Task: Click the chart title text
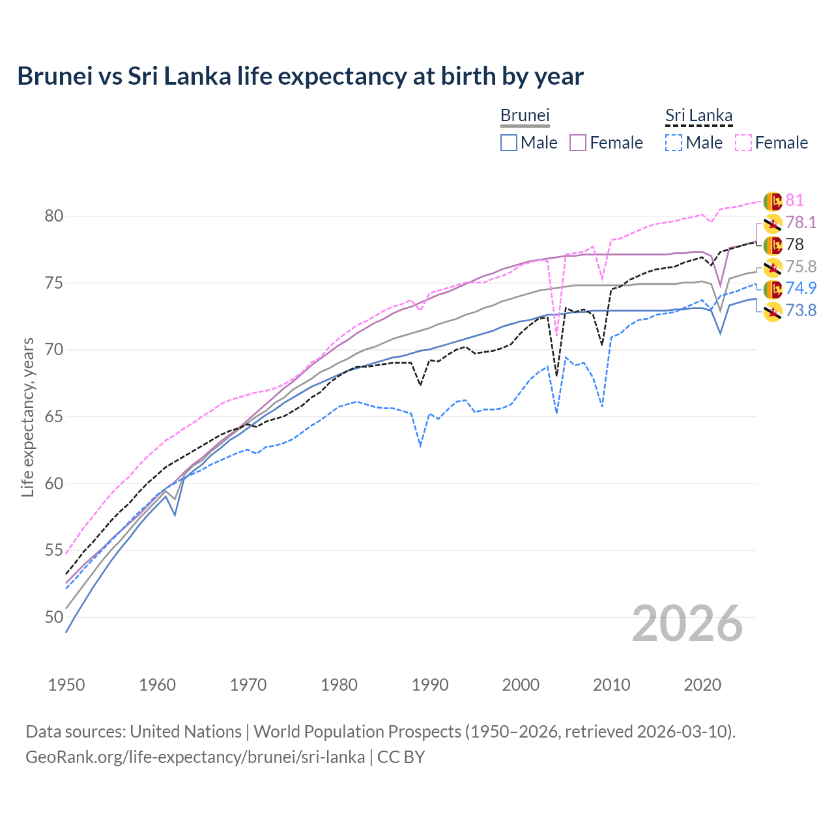pos(300,76)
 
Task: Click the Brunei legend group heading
pos(525,115)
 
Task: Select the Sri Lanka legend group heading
pos(698,115)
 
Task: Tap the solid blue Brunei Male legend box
pos(509,143)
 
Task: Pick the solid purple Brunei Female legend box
pos(578,143)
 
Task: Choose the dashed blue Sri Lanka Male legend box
pos(674,143)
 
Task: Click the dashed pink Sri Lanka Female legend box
pos(743,143)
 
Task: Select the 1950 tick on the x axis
pos(66,685)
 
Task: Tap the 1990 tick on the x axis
pos(430,685)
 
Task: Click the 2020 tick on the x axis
pos(702,685)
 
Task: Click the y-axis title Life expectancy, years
pos(27,417)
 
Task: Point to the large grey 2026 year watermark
pos(687,624)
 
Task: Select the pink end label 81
pos(794,201)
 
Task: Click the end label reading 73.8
pos(801,311)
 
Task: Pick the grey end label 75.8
pos(801,267)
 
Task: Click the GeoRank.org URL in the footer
pos(195,757)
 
